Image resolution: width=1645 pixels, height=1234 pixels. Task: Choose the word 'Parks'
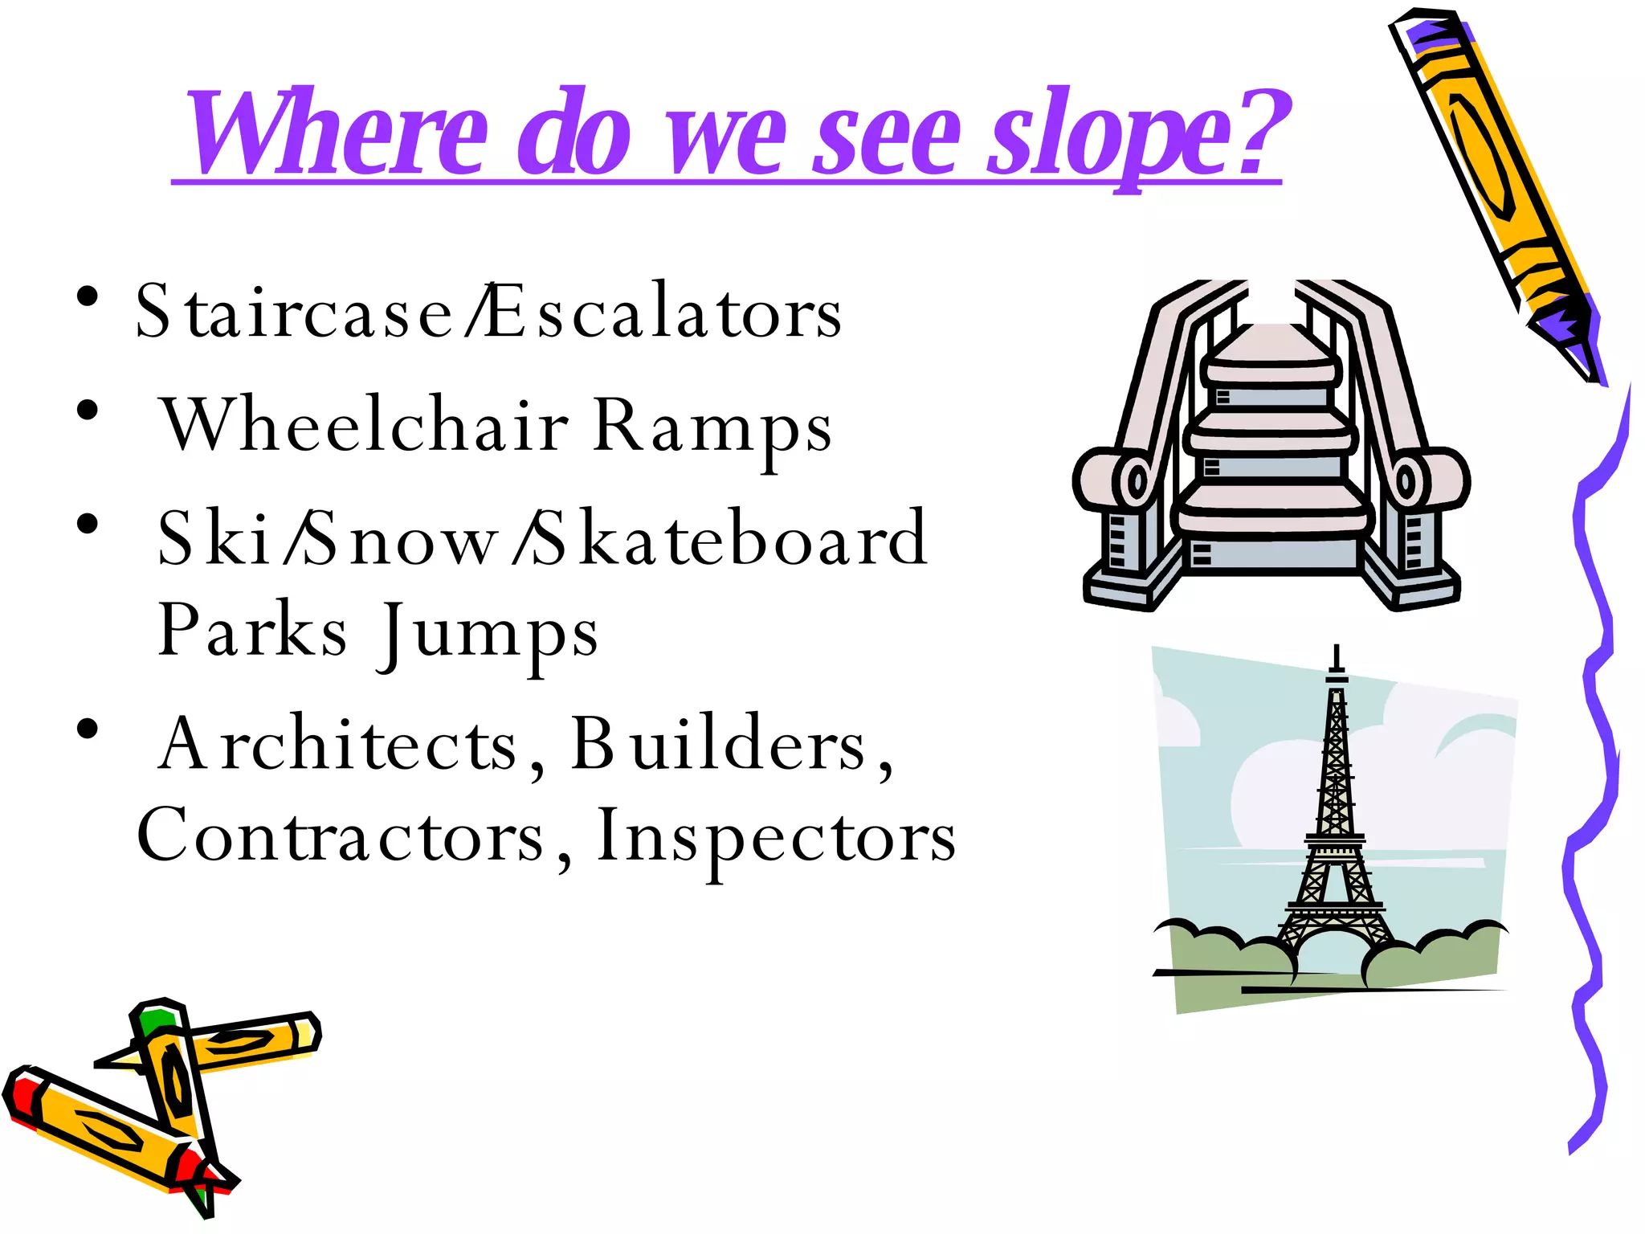[x=253, y=631]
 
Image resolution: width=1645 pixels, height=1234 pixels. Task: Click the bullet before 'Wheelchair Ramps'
[x=88, y=411]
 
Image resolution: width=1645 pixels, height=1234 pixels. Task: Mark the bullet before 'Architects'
[x=88, y=729]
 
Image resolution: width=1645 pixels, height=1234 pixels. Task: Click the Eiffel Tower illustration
[x=1334, y=827]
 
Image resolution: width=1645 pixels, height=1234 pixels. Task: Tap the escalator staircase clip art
[x=1272, y=446]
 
